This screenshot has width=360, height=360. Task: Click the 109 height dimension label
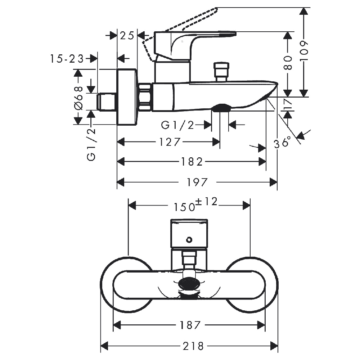(304, 51)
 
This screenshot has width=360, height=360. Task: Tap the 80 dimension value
(288, 63)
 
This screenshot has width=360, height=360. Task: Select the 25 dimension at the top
(127, 36)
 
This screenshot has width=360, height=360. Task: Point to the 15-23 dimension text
(67, 59)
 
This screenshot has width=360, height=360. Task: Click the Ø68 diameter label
(78, 98)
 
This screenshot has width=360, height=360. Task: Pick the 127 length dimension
(170, 142)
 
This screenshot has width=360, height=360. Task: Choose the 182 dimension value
(192, 162)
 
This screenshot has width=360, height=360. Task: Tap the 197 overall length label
(197, 183)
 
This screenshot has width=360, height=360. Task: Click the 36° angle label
(282, 143)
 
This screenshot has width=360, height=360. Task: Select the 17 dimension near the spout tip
(288, 104)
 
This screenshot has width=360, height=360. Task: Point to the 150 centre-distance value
(184, 207)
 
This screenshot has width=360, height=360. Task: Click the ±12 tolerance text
(206, 202)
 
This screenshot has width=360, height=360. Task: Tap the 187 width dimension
(190, 325)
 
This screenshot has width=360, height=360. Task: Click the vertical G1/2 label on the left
(91, 144)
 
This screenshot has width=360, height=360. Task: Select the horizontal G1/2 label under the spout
(177, 125)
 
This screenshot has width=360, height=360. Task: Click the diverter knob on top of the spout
(221, 72)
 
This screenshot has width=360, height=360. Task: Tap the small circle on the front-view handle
(189, 240)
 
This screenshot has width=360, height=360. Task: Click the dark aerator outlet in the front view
(189, 284)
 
